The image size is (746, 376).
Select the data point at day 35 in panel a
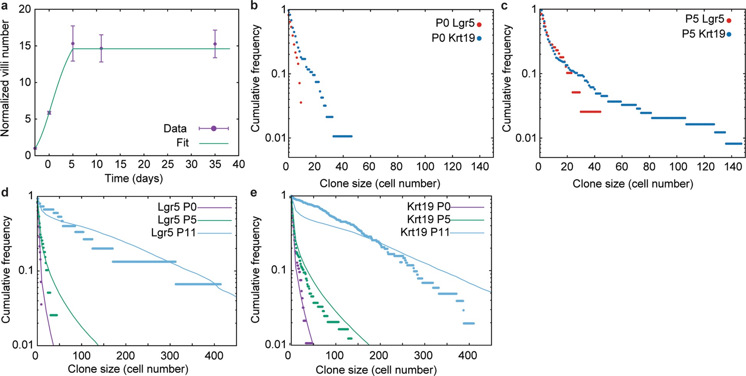215,44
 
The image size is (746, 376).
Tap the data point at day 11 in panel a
101,49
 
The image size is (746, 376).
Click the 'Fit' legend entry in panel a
183,143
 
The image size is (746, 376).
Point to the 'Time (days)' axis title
134,178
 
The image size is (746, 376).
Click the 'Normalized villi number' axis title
5,79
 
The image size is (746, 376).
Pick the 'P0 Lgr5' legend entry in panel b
455,23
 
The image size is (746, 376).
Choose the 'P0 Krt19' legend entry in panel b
453,38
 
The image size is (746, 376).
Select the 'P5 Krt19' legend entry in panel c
703,34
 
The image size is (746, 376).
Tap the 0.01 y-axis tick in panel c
525,138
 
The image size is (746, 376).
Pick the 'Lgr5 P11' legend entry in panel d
174,233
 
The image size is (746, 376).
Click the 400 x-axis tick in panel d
214,356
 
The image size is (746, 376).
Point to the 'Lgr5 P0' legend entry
177,207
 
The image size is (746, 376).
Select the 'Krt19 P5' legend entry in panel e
428,220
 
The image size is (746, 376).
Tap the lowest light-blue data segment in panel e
469,324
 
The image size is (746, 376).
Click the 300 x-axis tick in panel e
423,356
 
